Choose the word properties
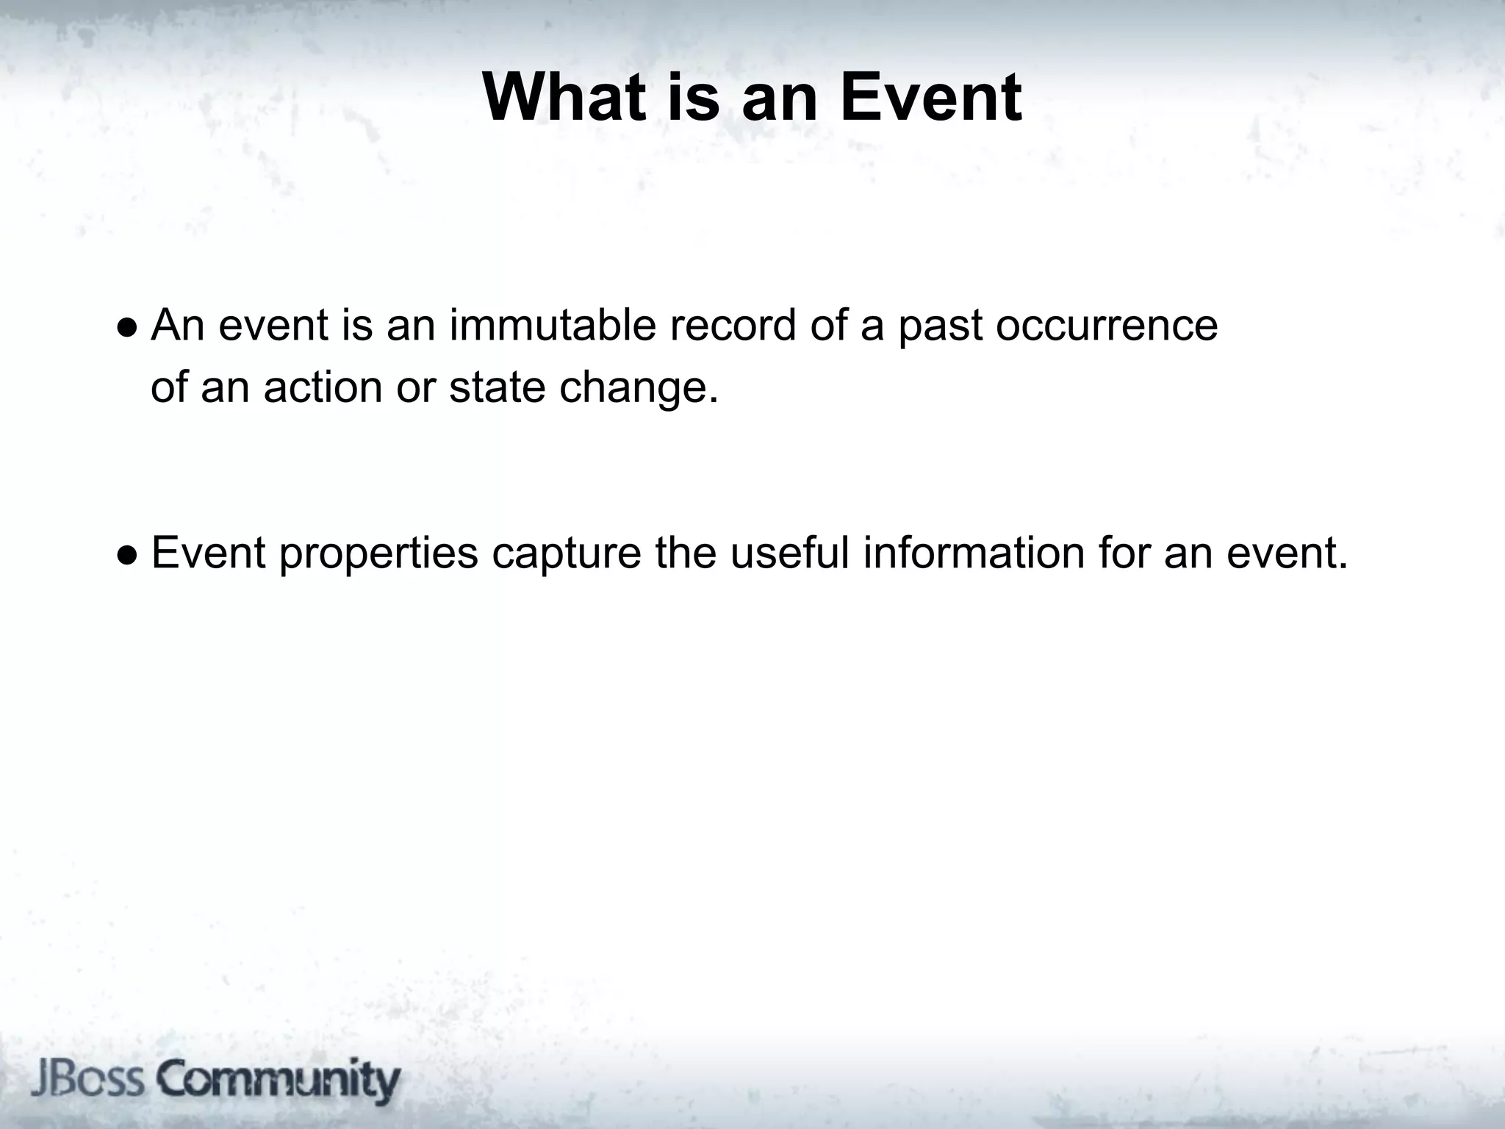click(x=378, y=554)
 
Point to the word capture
click(x=567, y=554)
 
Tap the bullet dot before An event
click(x=127, y=328)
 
